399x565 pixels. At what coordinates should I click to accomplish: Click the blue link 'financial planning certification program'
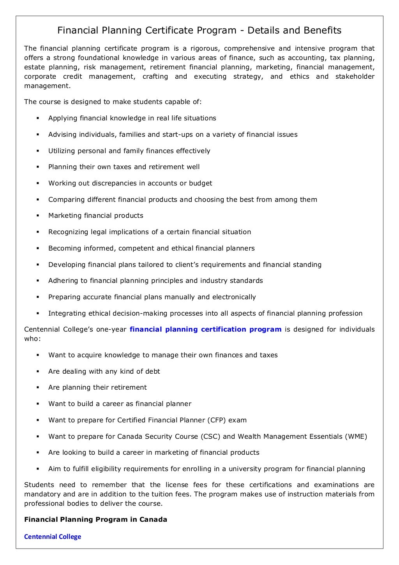point(205,329)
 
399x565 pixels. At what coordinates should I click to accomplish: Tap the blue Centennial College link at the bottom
point(53,537)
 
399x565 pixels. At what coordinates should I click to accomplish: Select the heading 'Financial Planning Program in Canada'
point(95,519)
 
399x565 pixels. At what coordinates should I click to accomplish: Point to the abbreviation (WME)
point(356,436)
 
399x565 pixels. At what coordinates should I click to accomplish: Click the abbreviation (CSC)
point(210,436)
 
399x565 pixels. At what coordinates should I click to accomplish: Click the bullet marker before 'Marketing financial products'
point(38,215)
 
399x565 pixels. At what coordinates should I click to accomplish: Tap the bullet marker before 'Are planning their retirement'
point(38,388)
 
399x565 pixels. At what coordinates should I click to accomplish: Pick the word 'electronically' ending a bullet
point(234,297)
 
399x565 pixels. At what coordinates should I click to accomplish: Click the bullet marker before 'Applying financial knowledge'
point(38,118)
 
